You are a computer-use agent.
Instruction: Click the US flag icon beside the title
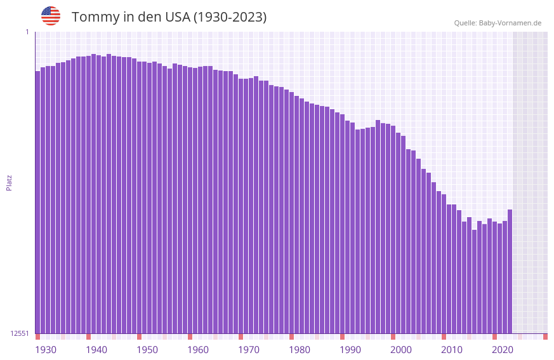pos(51,16)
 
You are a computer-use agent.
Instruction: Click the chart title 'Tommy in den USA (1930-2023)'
pos(169,17)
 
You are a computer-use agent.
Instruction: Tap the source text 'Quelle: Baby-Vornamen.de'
pos(498,23)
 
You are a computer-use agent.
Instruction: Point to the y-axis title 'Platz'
pos(9,182)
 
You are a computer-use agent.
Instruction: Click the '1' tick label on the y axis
pos(27,32)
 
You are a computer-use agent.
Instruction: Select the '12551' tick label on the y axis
pos(20,333)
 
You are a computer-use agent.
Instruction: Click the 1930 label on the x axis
pos(46,350)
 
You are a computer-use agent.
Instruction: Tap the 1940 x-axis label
pos(96,350)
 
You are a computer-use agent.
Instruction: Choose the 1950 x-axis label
pos(147,350)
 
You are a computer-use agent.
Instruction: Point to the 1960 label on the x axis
pos(198,350)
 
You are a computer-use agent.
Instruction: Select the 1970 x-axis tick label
pos(249,350)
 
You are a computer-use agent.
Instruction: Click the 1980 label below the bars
pos(300,350)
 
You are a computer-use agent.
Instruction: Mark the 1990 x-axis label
pos(350,350)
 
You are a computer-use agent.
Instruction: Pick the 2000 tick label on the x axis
pos(401,350)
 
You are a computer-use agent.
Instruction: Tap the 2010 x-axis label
pos(452,350)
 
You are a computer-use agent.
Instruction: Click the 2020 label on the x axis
pos(503,350)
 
